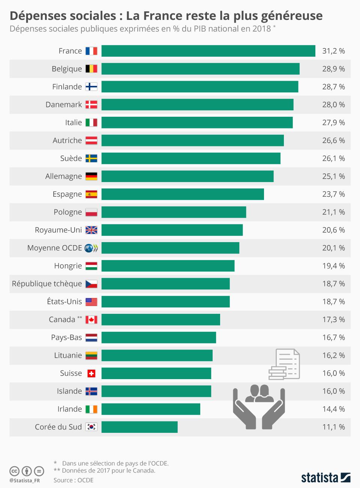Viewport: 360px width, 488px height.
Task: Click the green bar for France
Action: [x=208, y=51]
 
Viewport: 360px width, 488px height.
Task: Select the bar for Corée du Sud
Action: [x=139, y=427]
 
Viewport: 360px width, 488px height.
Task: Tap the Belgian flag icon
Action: [x=91, y=69]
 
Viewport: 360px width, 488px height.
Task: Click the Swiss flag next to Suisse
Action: [x=91, y=374]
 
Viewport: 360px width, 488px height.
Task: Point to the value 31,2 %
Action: [x=333, y=51]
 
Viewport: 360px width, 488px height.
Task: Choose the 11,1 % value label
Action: [x=333, y=427]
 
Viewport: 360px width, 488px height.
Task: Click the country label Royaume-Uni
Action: [x=58, y=230]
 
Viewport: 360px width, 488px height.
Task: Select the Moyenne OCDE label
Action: [x=54, y=248]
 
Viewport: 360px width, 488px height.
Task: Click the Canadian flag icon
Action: [x=91, y=320]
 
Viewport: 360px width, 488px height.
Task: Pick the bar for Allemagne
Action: [x=187, y=176]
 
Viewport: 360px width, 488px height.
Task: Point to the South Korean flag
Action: [x=91, y=427]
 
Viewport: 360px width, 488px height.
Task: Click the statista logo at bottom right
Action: [x=325, y=477]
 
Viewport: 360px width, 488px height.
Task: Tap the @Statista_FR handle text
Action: [x=25, y=480]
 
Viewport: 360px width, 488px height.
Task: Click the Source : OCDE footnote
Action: [x=73, y=480]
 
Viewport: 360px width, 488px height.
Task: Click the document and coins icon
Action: [x=284, y=364]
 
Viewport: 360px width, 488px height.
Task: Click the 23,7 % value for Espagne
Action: [x=333, y=194]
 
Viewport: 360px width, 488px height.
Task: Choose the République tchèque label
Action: [x=47, y=284]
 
